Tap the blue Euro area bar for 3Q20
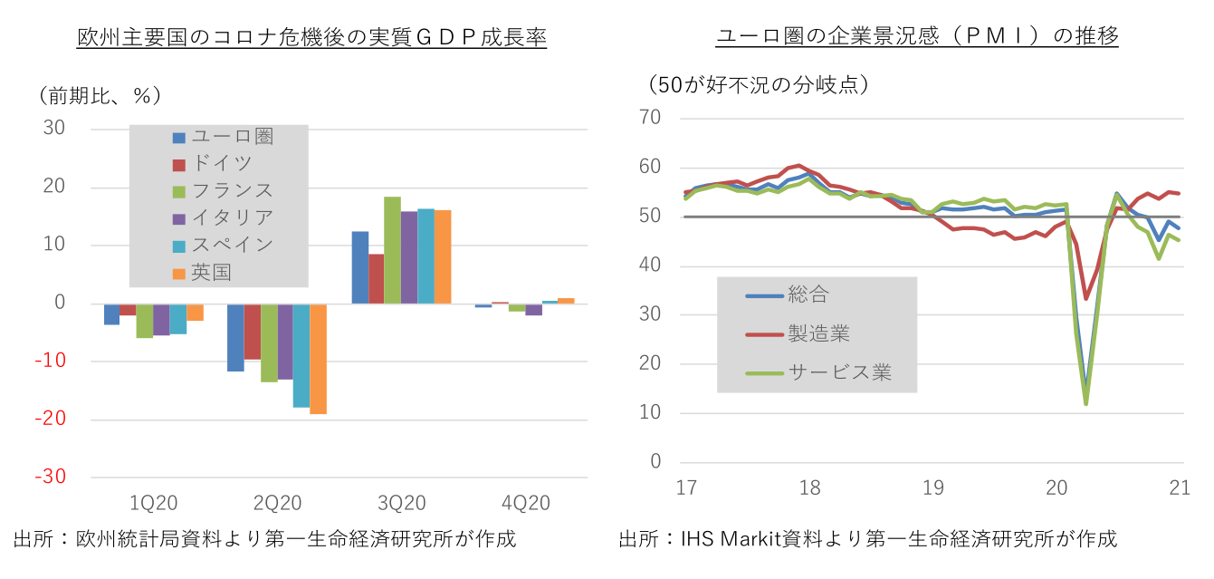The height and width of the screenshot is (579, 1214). [359, 267]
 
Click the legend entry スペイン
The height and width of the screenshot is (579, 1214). [232, 245]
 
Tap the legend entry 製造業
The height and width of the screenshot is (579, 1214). [819, 334]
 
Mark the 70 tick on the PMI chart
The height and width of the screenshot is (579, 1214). [649, 119]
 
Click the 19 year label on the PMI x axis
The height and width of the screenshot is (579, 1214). [933, 488]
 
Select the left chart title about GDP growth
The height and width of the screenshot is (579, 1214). [311, 37]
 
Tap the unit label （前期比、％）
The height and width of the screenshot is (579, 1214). [100, 94]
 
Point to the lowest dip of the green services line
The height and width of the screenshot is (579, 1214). [1085, 403]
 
